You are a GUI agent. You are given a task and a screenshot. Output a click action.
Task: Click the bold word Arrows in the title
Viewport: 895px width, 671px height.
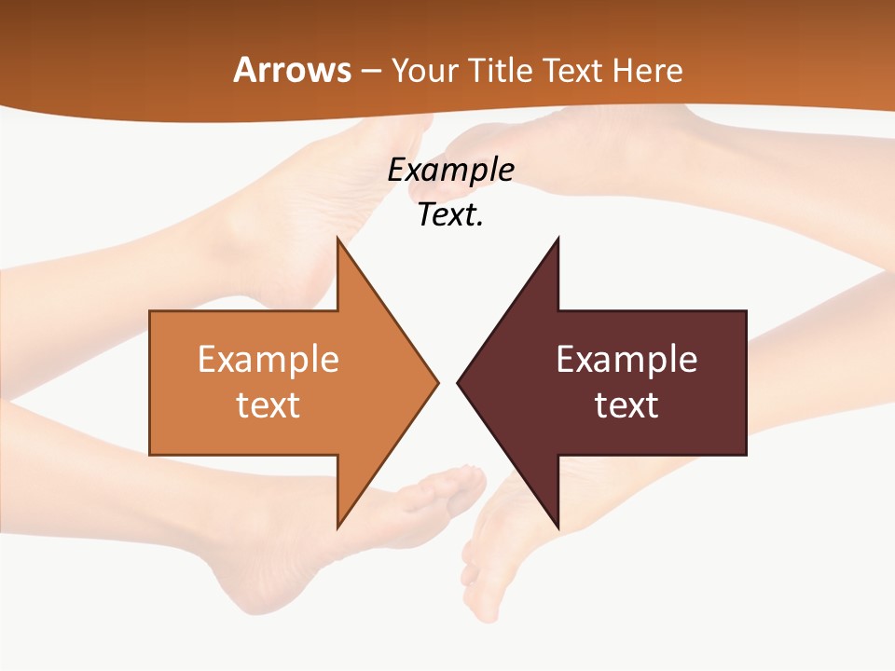point(292,70)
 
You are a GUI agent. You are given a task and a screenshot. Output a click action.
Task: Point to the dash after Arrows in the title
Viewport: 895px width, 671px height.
point(369,71)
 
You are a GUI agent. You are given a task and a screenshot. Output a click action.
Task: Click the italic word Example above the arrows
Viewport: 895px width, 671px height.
point(450,170)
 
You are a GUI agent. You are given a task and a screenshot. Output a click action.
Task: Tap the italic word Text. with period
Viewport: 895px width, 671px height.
point(450,214)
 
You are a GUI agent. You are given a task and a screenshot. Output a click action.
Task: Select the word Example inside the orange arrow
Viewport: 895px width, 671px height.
point(268,360)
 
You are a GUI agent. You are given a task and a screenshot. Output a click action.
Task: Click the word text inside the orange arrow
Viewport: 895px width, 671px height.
point(268,404)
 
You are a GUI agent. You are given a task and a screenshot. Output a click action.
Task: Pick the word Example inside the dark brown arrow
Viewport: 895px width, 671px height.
point(626,360)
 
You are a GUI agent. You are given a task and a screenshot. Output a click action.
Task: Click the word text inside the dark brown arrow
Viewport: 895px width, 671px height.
point(626,404)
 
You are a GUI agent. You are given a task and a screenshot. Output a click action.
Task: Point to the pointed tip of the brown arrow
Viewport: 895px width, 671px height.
point(459,382)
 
